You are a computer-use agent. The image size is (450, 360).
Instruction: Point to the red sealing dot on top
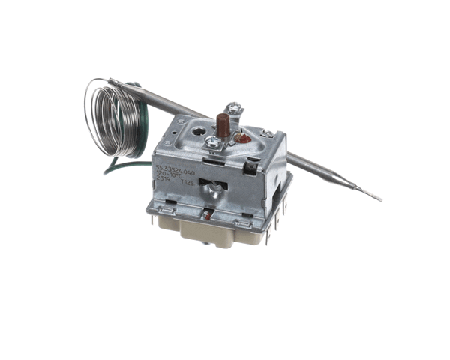[244, 138]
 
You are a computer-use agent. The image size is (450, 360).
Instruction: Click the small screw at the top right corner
[268, 133]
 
